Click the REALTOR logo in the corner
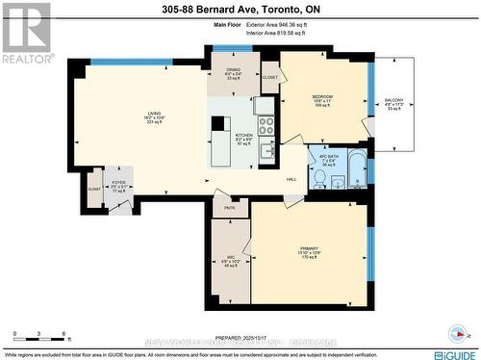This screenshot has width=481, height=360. (x=26, y=34)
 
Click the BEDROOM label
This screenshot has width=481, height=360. (x=323, y=97)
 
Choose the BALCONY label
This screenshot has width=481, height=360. (x=394, y=100)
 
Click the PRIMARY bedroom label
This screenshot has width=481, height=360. (x=308, y=248)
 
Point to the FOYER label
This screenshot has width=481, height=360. (x=119, y=180)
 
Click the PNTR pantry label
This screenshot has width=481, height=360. (x=229, y=207)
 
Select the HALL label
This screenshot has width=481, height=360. (x=291, y=179)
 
